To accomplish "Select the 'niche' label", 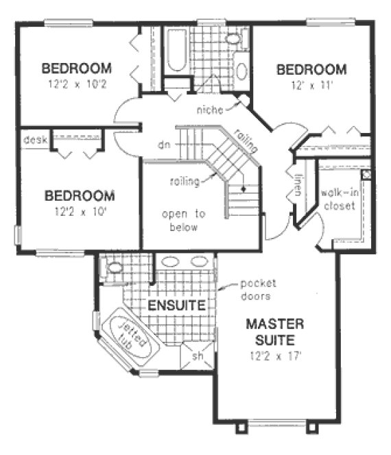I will pos(210,110).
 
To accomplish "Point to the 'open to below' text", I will pos(180,221).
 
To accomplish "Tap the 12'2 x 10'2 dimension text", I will pos(76,84).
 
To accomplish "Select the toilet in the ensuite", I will pos(113,267).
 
